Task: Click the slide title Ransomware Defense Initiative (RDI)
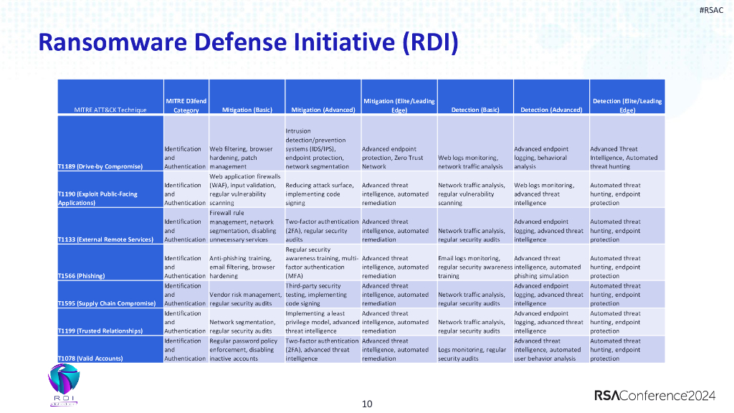(x=247, y=42)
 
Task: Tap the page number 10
(x=367, y=404)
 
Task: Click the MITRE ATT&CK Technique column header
(x=110, y=110)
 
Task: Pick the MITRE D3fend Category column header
(x=186, y=105)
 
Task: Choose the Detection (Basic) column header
(x=475, y=110)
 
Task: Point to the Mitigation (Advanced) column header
(x=323, y=110)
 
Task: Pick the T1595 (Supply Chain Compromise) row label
(x=107, y=303)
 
